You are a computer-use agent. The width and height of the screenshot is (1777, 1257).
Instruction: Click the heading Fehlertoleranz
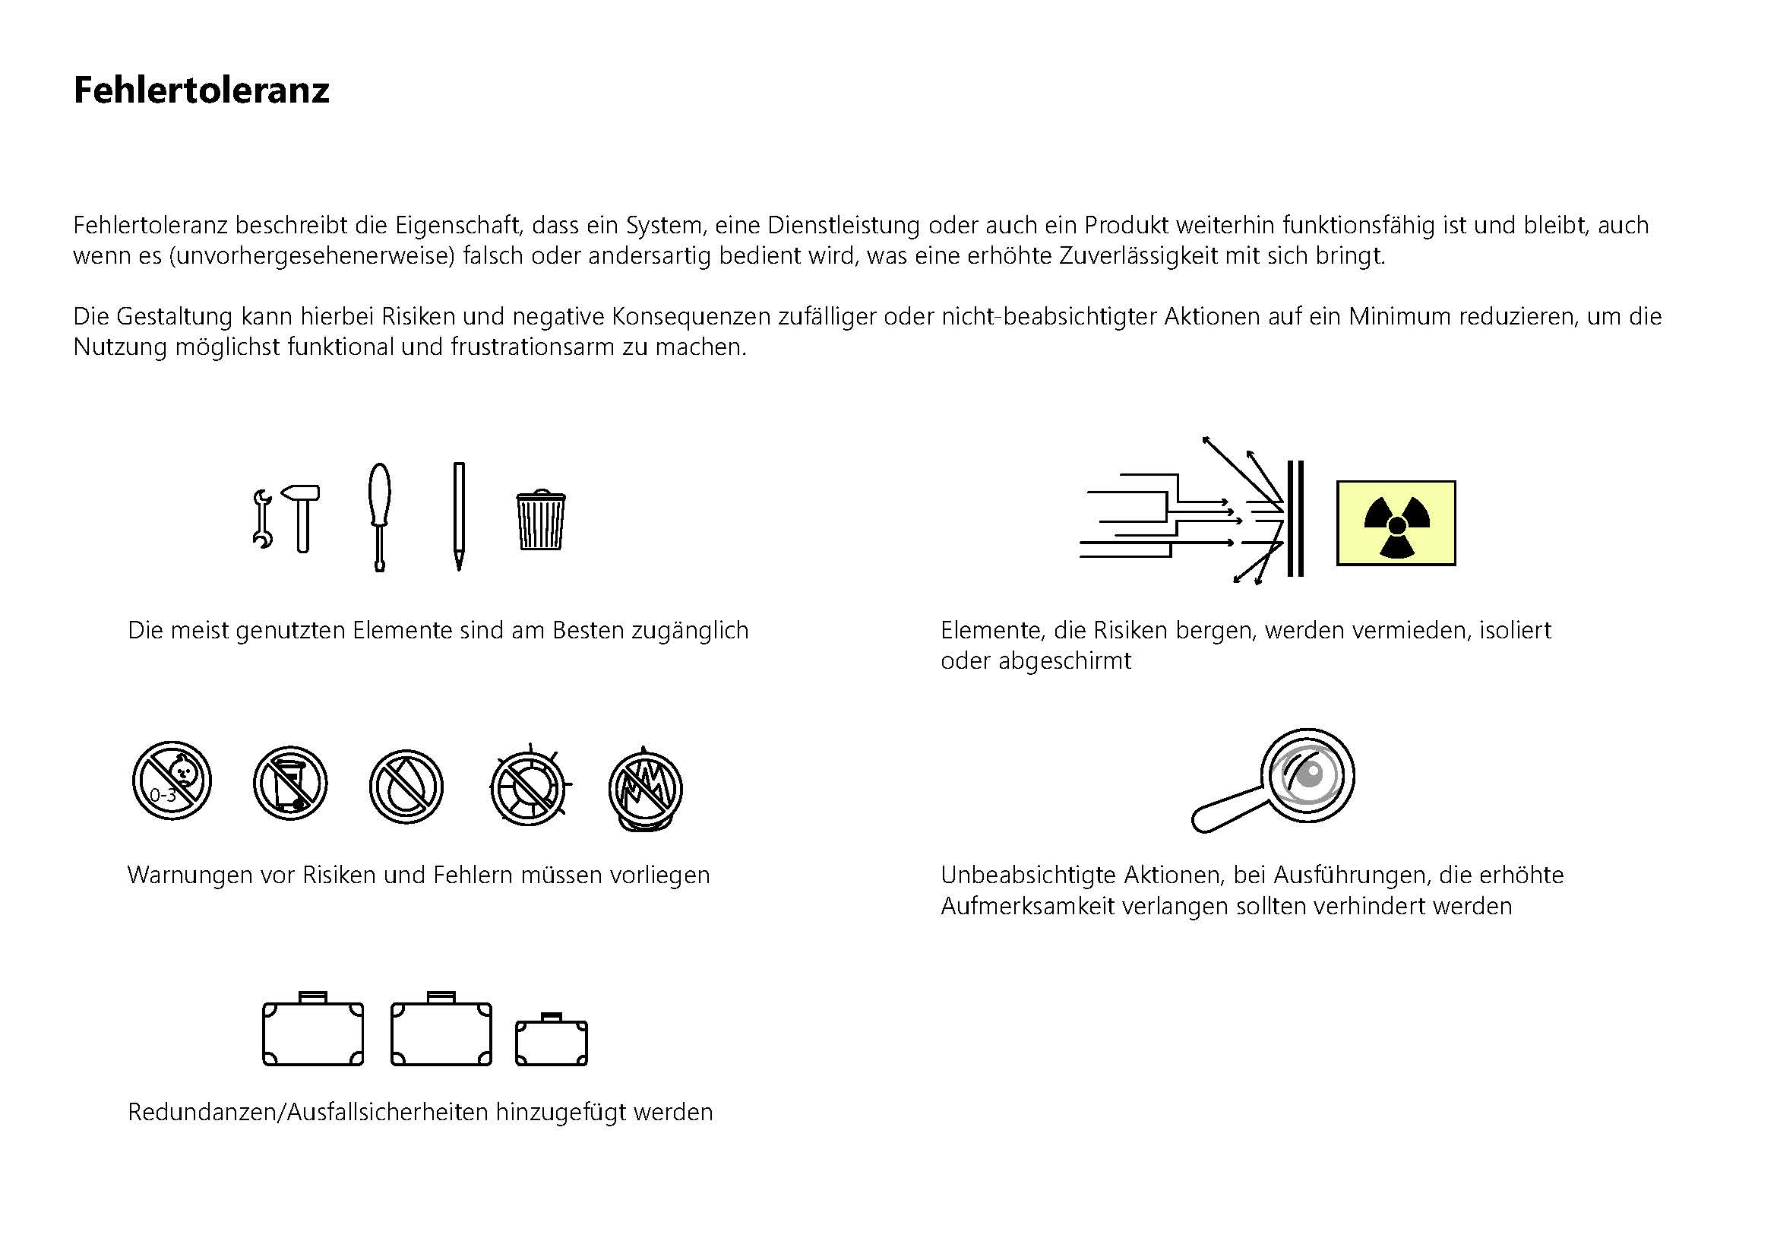point(201,90)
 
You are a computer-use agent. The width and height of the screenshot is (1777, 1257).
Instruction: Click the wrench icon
point(262,519)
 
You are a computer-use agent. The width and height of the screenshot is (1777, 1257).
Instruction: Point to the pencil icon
point(459,515)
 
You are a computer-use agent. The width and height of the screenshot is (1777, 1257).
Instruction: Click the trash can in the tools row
point(540,520)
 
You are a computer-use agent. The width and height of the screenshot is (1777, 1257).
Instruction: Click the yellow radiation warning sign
point(1396,523)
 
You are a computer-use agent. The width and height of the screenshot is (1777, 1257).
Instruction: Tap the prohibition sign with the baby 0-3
point(172,780)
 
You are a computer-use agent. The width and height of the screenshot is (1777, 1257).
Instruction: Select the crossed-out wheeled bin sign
point(290,784)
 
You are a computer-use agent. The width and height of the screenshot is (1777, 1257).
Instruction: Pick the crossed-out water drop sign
point(406,787)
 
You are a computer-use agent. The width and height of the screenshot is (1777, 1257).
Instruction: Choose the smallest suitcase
point(551,1041)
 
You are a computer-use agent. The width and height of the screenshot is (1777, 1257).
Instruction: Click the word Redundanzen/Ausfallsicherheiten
point(308,1113)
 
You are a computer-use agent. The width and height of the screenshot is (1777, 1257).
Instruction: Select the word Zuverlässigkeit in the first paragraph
point(1143,255)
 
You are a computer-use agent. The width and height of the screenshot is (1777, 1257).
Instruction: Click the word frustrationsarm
point(534,347)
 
